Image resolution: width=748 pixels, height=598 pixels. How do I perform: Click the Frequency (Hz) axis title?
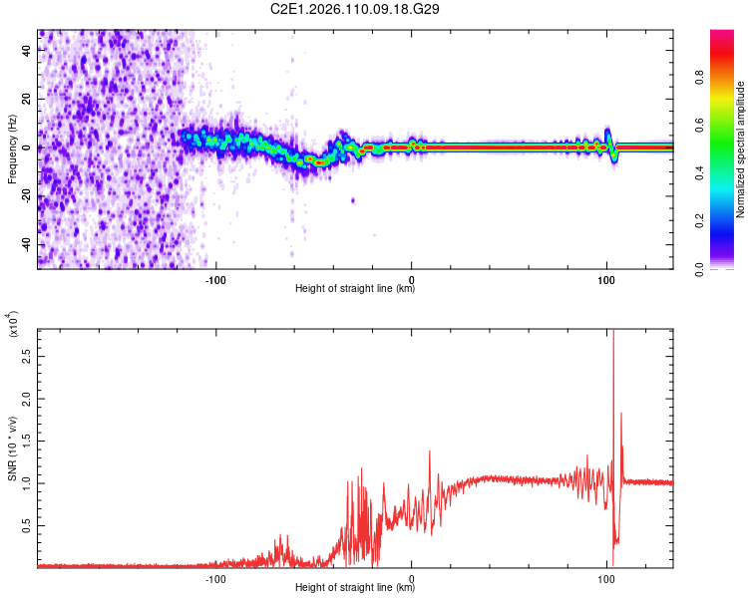pos(12,149)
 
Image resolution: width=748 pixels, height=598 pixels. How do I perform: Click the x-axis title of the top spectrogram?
pos(355,289)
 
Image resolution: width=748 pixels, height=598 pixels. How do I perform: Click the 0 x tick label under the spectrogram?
pos(412,278)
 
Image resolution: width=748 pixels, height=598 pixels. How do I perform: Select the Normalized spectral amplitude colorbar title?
pos(741,149)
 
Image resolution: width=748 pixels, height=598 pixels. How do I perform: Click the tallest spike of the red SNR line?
pos(612,334)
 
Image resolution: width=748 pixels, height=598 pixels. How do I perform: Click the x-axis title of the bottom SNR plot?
pos(355,588)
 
